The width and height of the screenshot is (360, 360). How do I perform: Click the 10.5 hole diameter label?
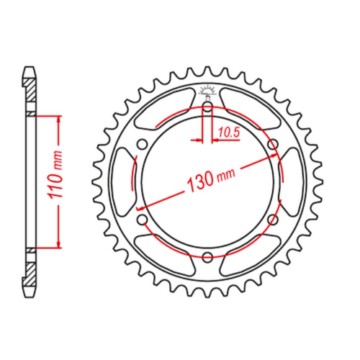[229, 132]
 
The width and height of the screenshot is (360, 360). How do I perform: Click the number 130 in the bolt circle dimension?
[200, 181]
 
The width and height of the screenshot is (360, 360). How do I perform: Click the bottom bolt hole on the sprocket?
[207, 256]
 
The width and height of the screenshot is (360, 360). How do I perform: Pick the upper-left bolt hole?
[143, 145]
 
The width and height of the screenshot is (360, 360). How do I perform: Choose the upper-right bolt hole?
[273, 145]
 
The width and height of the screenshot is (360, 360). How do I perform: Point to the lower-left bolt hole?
[143, 219]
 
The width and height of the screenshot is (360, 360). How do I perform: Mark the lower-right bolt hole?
[273, 219]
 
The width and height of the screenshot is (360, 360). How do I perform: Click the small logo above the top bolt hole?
[207, 91]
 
